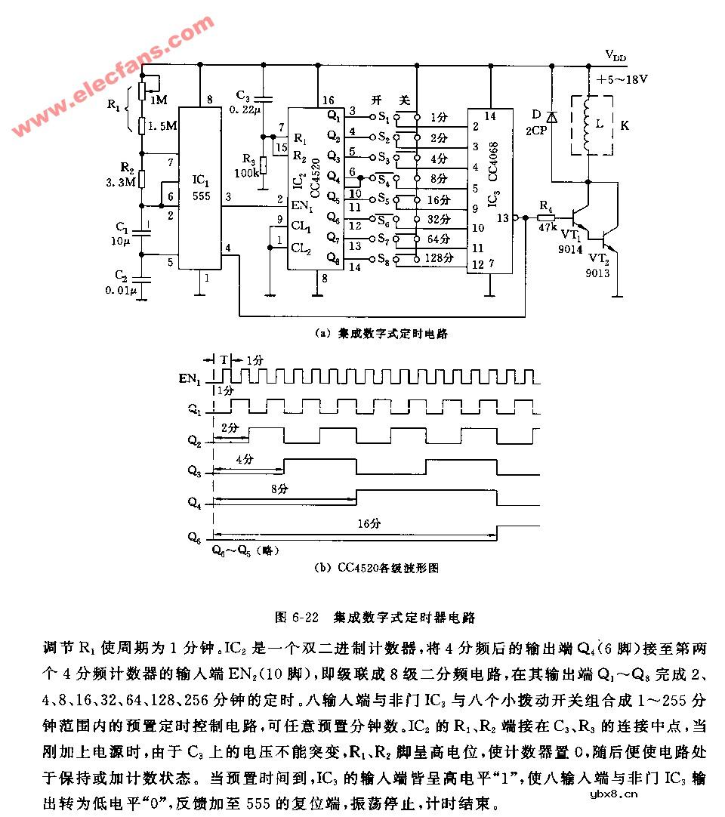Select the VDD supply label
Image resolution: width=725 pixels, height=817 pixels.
[615, 55]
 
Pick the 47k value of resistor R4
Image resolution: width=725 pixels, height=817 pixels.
[546, 226]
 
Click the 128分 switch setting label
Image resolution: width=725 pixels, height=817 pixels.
[440, 258]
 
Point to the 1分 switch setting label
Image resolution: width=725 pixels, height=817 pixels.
[438, 117]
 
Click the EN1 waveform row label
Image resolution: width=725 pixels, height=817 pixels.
[192, 378]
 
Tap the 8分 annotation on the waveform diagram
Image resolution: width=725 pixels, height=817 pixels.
[279, 489]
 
